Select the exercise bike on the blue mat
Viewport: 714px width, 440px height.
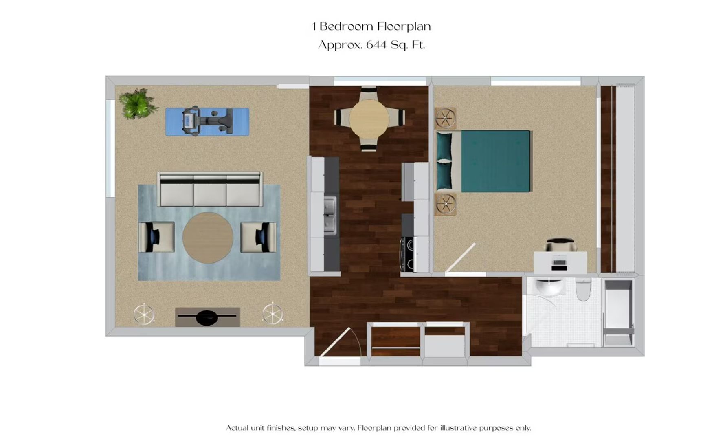(207, 121)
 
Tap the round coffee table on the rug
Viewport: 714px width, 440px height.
(208, 238)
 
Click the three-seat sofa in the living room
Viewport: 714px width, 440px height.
(210, 189)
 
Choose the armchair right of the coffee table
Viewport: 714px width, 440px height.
(259, 237)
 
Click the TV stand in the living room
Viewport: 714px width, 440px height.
(207, 317)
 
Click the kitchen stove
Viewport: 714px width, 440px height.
(407, 254)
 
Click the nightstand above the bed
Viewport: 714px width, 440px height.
(445, 118)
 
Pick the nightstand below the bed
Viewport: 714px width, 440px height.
(445, 204)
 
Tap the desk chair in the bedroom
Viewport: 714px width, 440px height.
(560, 245)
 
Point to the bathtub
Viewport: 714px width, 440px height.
(618, 312)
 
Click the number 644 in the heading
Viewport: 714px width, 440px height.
(376, 44)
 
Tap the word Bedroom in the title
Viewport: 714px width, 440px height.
(346, 26)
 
